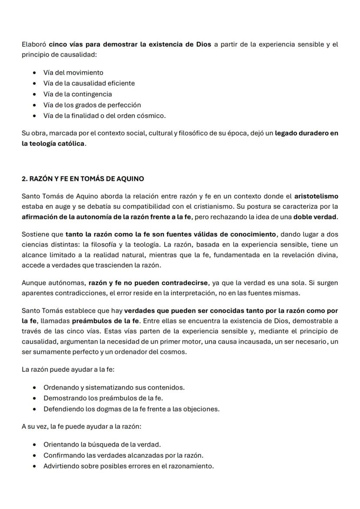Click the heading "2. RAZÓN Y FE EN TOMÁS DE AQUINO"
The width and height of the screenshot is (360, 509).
pyautogui.click(x=83, y=179)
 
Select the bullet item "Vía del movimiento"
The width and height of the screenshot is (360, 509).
pyautogui.click(x=73, y=73)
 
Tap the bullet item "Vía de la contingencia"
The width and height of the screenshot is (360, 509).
pyautogui.click(x=77, y=94)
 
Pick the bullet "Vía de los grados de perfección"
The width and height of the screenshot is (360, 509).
pyautogui.click(x=92, y=105)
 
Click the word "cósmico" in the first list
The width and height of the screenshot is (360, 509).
pyautogui.click(x=152, y=116)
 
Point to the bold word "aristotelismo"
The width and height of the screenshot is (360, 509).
pyautogui.click(x=316, y=196)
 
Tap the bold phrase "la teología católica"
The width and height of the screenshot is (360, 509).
pyautogui.click(x=53, y=143)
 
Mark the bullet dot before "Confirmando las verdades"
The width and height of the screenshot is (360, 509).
pyautogui.click(x=34, y=456)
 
